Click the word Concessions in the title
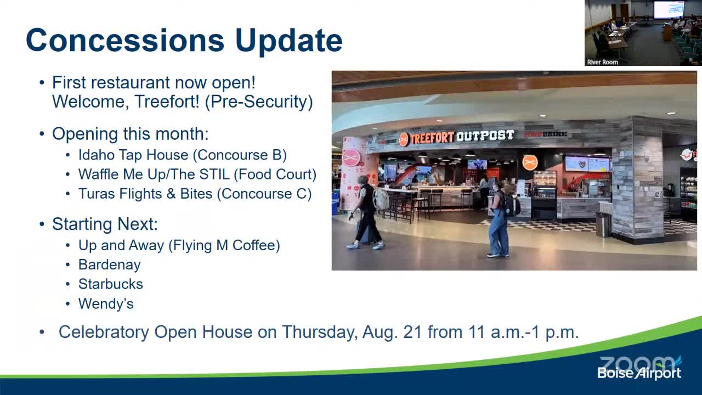(125, 40)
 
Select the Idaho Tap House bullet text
(183, 155)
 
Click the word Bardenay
(109, 265)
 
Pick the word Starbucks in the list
(111, 284)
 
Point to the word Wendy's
(106, 303)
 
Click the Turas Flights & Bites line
(195, 194)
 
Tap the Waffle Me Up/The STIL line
(197, 174)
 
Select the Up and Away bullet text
(179, 245)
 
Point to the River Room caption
(602, 62)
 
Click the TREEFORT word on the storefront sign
(432, 138)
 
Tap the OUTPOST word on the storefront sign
(485, 136)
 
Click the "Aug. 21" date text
(392, 332)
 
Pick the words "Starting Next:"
(105, 224)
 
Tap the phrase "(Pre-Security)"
(259, 101)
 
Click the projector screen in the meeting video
(669, 9)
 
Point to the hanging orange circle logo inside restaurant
(530, 162)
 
